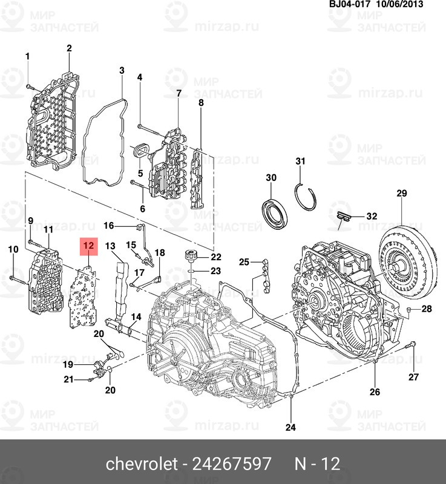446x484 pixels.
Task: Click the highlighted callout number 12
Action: click(x=88, y=246)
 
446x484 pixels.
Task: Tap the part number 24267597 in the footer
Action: click(x=232, y=463)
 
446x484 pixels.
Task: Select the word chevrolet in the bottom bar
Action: click(x=142, y=463)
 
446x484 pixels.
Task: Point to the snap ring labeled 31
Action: click(x=305, y=197)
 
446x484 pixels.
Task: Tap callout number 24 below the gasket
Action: click(x=290, y=427)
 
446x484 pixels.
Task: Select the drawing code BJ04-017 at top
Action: click(x=350, y=4)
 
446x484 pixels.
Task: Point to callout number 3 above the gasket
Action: click(x=122, y=70)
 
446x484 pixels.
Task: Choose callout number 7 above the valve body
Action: click(x=179, y=93)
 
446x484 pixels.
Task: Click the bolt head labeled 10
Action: click(x=12, y=278)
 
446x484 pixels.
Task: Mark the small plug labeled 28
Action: click(x=408, y=309)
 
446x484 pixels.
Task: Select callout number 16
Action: click(x=109, y=226)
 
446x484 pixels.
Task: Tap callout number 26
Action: click(x=375, y=391)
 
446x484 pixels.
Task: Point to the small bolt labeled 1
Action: click(x=28, y=87)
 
